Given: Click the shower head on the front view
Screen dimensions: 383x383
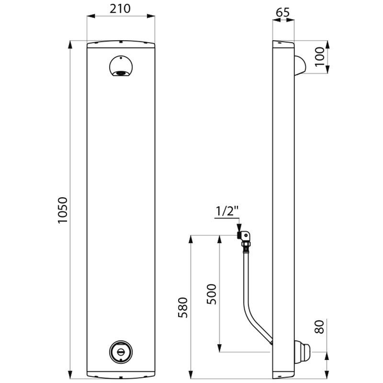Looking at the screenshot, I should [x=120, y=67].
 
